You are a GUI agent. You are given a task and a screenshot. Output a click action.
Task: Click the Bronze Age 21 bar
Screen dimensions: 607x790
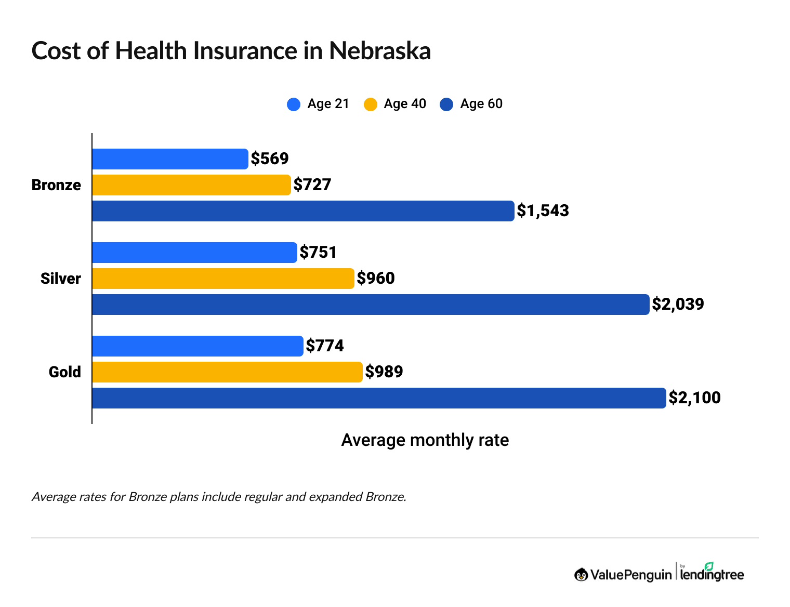170,159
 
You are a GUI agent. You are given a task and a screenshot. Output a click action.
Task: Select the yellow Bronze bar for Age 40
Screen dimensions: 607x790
191,185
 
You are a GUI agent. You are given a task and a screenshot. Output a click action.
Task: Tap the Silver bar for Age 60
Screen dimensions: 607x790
371,305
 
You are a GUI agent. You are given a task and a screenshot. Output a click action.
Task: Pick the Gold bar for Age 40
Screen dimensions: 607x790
227,372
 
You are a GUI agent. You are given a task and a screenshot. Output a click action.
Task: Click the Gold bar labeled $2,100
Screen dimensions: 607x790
379,398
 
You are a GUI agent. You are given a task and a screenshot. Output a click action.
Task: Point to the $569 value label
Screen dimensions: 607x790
270,159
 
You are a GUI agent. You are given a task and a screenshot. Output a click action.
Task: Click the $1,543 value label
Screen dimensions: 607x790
543,210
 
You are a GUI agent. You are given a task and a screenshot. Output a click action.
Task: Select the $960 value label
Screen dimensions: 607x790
376,278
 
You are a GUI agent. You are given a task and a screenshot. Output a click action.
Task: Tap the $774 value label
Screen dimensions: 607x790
325,346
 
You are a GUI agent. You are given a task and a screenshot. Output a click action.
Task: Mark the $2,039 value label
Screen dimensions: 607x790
678,304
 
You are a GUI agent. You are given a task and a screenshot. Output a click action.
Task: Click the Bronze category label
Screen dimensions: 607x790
56,185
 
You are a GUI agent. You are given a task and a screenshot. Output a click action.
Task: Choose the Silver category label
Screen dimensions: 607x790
61,279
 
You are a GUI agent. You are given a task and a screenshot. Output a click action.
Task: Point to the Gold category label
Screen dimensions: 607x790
65,372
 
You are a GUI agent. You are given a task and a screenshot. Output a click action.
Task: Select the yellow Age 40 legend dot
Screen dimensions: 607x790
370,104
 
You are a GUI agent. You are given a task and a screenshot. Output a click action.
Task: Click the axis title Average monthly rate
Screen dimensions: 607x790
425,440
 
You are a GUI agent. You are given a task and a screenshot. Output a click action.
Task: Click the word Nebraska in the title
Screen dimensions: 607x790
380,51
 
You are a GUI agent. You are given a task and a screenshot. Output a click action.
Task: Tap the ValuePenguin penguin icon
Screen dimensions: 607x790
581,574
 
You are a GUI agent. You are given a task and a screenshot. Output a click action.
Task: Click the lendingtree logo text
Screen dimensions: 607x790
712,574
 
